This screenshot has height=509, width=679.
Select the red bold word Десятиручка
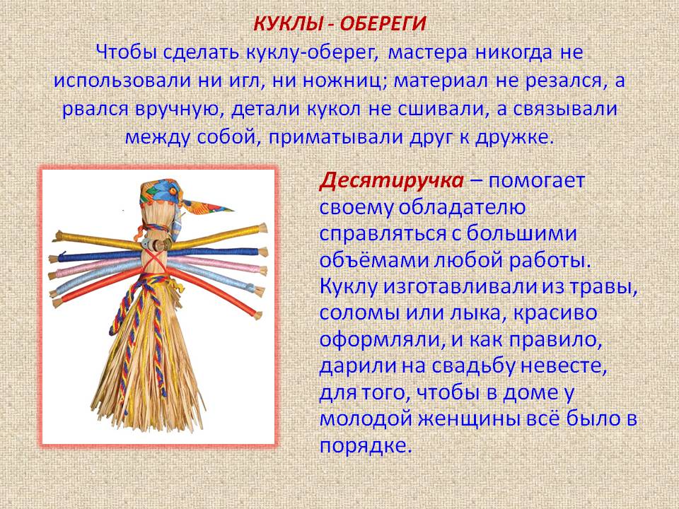[391, 182]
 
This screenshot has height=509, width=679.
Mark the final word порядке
[365, 446]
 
